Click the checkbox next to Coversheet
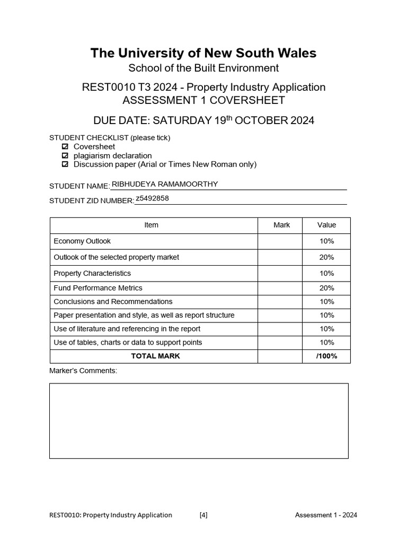pyautogui.click(x=65, y=146)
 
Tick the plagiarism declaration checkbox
pyautogui.click(x=65, y=155)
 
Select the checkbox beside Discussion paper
pyautogui.click(x=65, y=164)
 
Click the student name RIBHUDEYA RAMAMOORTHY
pyautogui.click(x=165, y=184)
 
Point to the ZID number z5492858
pyautogui.click(x=153, y=198)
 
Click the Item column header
pyautogui.click(x=151, y=225)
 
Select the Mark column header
pyautogui.click(x=281, y=225)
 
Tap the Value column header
pyautogui.click(x=326, y=225)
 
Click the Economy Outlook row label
pyautogui.click(x=82, y=241)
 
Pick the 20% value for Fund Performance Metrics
pyautogui.click(x=326, y=288)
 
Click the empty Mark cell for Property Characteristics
pyautogui.click(x=280, y=273)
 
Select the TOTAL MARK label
pyautogui.click(x=155, y=356)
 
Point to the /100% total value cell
pyautogui.click(x=326, y=356)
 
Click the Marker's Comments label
pyautogui.click(x=83, y=371)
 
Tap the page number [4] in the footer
pyautogui.click(x=203, y=514)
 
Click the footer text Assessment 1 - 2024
pyautogui.click(x=326, y=514)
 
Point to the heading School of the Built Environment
pyautogui.click(x=203, y=68)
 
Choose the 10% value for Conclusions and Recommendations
pyautogui.click(x=326, y=302)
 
